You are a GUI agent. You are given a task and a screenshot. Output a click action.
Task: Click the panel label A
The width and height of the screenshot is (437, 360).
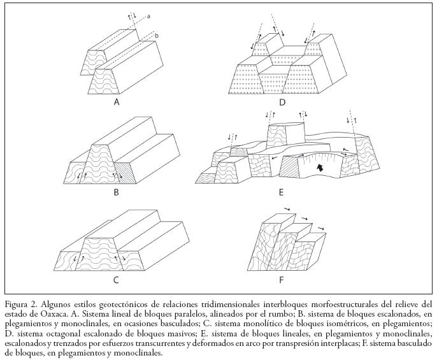[117, 101]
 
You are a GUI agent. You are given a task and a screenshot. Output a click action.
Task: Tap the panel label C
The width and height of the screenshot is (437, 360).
[116, 279]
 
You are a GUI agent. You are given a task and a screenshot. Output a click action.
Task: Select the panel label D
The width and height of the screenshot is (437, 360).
[282, 101]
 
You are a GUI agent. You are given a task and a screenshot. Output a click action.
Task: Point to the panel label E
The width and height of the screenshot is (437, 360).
[281, 192]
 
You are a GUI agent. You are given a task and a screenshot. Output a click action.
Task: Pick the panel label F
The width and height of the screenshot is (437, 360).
[281, 279]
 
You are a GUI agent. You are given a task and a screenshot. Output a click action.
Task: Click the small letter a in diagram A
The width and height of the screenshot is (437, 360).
[148, 17]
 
